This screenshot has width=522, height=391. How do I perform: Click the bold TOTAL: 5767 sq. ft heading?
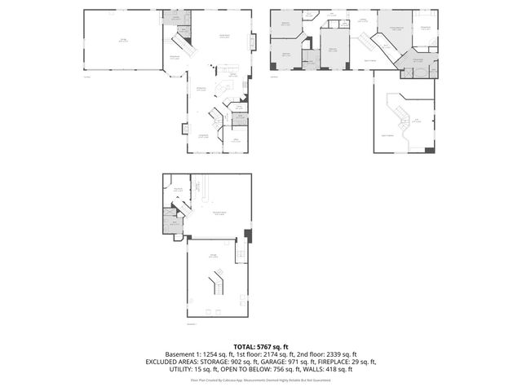click(x=260, y=346)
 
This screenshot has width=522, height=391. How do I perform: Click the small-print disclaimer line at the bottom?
click(x=260, y=380)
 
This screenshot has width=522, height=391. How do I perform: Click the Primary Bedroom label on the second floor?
click(x=397, y=29)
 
